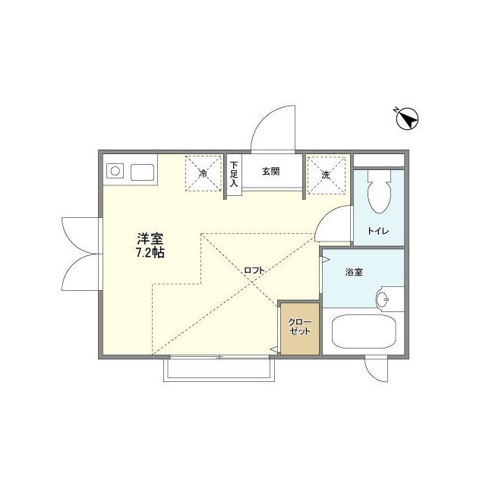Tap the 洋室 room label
click(x=150, y=238)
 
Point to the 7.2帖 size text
click(x=150, y=253)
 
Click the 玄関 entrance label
click(x=271, y=172)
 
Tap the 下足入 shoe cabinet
click(x=235, y=174)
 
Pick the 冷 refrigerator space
click(x=204, y=174)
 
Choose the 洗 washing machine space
click(x=326, y=174)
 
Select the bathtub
click(x=361, y=332)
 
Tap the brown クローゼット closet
click(x=298, y=328)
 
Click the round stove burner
click(x=115, y=172)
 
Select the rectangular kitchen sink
click(x=142, y=172)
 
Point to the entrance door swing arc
click(x=270, y=125)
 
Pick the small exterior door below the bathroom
click(x=376, y=369)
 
